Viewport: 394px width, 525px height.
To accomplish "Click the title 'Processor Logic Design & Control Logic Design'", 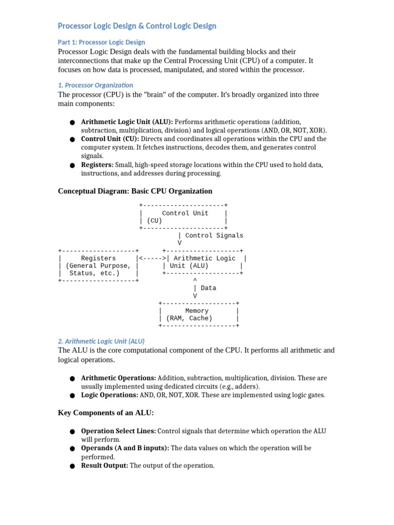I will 137,26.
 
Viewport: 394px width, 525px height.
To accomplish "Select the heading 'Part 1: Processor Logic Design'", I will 102,42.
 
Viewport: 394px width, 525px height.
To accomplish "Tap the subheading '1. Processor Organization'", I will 95,85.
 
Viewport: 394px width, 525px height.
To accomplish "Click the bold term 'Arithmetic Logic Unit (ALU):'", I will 127,122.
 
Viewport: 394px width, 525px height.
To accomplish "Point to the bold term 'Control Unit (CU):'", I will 110,139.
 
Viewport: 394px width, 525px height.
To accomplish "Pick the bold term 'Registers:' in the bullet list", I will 97,165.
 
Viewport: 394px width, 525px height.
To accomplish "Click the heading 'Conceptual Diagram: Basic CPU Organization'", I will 135,191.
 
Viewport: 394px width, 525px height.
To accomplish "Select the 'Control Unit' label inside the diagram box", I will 185,213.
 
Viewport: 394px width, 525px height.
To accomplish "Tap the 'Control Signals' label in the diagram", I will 214,236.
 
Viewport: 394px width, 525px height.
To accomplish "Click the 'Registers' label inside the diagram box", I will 98,258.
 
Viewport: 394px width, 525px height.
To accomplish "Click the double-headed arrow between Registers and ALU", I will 151,258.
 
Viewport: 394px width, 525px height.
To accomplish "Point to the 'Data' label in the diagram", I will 208,288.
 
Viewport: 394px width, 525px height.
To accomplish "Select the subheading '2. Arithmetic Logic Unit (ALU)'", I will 102,340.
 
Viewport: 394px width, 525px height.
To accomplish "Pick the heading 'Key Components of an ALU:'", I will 106,413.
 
